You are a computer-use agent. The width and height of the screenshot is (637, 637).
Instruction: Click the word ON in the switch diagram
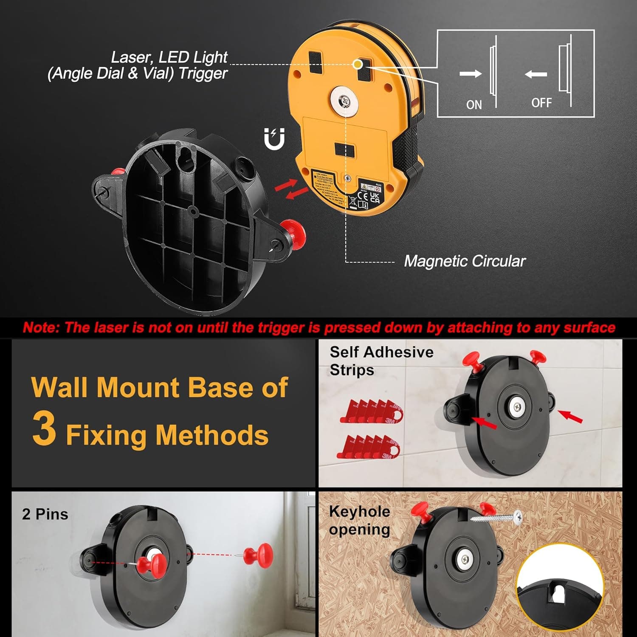474,104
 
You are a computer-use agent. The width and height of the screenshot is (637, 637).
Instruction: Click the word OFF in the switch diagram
541,103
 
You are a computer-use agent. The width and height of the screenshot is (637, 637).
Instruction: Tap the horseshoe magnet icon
274,139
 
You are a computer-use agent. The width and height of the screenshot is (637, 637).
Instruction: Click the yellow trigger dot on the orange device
358,64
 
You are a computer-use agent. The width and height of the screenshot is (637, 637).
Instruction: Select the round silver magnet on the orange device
344,101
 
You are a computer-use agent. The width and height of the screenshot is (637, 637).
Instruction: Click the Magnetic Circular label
465,261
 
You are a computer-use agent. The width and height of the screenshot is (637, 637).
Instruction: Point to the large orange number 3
44,429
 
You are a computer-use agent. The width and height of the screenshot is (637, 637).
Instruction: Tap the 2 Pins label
45,514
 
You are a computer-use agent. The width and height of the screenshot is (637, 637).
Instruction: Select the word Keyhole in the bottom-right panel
359,511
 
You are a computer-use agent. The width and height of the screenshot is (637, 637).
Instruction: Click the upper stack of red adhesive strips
372,411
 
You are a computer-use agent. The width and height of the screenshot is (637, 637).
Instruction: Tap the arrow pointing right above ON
471,73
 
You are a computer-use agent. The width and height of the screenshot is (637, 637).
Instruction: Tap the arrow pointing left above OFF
536,75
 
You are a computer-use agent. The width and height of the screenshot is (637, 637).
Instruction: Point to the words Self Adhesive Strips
381,361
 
